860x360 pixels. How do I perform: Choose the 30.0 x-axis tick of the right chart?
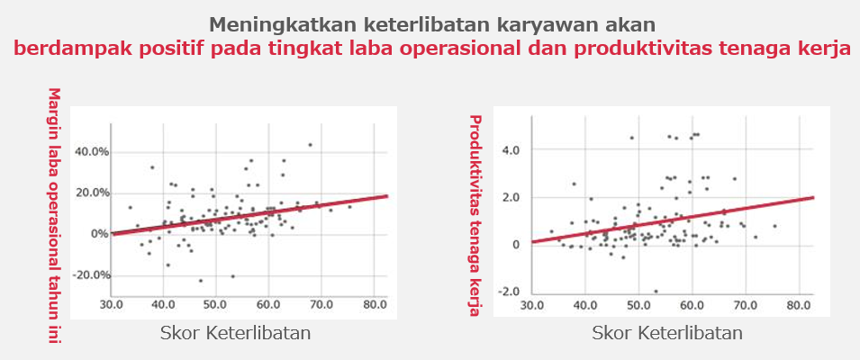click(531, 305)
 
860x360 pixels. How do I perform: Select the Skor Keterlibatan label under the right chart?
click(667, 333)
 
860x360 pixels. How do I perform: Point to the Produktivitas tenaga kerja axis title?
click(475, 215)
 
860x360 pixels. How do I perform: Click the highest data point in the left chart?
click(310, 145)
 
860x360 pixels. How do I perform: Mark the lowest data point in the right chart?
click(656, 291)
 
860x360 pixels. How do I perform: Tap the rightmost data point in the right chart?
click(775, 226)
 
